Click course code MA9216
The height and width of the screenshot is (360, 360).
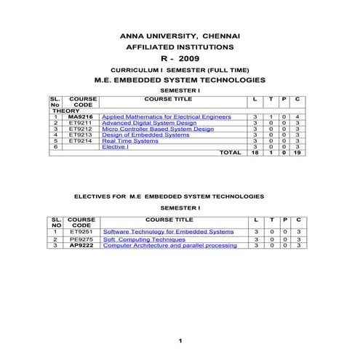(x=81, y=116)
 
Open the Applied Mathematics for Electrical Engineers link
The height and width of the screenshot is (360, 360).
(x=167, y=116)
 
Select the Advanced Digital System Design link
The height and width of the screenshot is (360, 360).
(x=149, y=123)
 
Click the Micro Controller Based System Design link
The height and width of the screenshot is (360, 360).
(x=158, y=129)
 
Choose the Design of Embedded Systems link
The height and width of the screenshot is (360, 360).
(x=145, y=135)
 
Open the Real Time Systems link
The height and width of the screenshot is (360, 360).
(x=130, y=140)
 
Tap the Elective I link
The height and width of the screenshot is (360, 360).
(x=115, y=147)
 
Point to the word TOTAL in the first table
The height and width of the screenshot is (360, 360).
(x=230, y=153)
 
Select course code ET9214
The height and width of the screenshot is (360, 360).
(x=81, y=140)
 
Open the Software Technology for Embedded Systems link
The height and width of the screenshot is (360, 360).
(x=168, y=231)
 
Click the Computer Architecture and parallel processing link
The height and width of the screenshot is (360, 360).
(x=169, y=245)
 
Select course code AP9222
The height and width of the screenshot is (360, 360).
(x=82, y=245)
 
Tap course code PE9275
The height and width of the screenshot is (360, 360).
(x=82, y=239)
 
